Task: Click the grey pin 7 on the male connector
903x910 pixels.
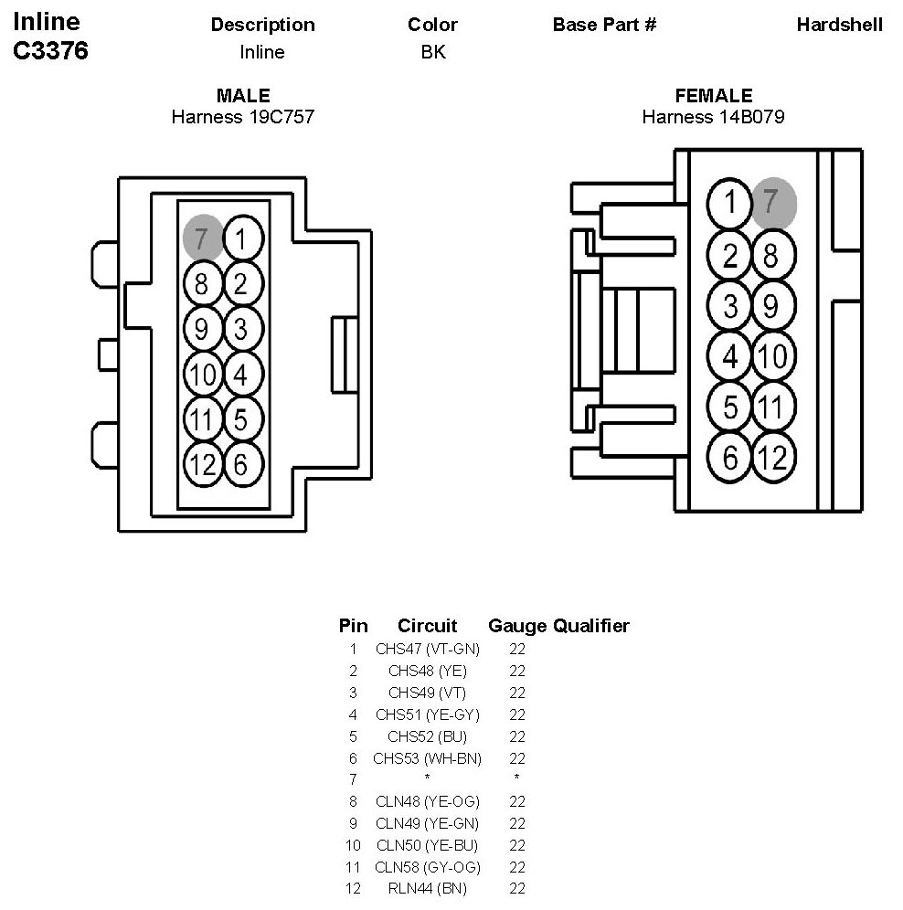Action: (202, 238)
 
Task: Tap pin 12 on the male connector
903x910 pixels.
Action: (203, 464)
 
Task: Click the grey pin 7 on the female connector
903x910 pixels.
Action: (773, 203)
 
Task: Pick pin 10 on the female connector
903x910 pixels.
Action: (773, 355)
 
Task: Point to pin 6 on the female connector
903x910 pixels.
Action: (729, 458)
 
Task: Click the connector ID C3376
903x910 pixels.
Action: (50, 50)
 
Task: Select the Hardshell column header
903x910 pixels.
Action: (840, 25)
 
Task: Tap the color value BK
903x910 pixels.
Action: (433, 52)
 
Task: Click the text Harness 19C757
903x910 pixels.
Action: (243, 117)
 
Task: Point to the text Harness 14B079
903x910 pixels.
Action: (713, 117)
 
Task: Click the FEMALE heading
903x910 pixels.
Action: (714, 95)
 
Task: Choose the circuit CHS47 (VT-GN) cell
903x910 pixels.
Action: (428, 649)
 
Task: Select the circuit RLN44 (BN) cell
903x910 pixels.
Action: (428, 888)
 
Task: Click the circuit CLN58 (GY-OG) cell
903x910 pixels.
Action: (428, 867)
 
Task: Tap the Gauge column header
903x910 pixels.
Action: (517, 626)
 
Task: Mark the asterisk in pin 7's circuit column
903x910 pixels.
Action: (428, 778)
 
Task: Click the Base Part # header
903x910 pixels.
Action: (604, 25)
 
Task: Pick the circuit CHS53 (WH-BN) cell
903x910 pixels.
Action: (428, 758)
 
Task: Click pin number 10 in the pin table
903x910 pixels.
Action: (353, 845)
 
